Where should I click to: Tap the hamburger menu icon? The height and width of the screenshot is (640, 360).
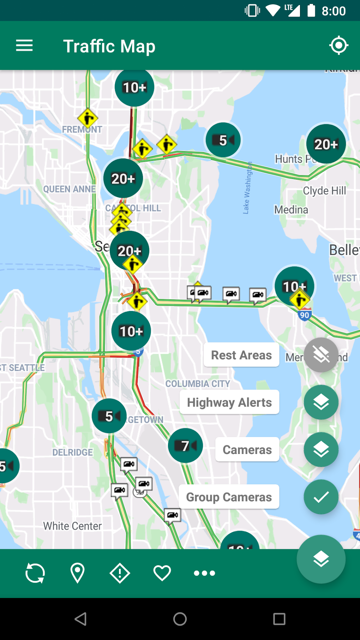point(24,46)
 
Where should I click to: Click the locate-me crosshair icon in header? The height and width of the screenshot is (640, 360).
point(338,45)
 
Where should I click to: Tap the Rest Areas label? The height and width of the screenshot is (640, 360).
point(241,355)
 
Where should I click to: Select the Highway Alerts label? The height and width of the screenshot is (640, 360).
point(229,402)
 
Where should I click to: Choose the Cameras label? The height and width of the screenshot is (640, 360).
point(247,449)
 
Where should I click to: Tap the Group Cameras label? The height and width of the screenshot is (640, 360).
point(229,497)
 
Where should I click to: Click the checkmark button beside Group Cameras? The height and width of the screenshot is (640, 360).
point(321,497)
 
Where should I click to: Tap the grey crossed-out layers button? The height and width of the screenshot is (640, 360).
point(321,355)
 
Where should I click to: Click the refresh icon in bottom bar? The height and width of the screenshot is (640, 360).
point(35,573)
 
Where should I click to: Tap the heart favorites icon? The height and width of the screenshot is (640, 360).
point(162,573)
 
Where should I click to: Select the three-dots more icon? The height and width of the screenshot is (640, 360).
point(204,573)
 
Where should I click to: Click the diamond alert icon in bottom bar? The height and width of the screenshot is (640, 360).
point(120,573)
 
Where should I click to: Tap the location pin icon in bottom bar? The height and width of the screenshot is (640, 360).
point(78,573)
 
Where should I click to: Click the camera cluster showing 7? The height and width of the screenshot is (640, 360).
point(185,445)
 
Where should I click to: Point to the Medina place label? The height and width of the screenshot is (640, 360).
point(291,210)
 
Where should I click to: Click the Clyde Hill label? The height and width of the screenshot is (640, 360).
point(324,191)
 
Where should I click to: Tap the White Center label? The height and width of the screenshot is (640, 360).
point(72,526)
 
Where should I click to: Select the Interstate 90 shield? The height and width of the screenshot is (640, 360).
point(304,315)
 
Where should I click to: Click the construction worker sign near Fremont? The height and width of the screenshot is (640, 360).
point(88,118)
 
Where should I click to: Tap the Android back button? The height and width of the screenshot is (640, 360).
point(81,619)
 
